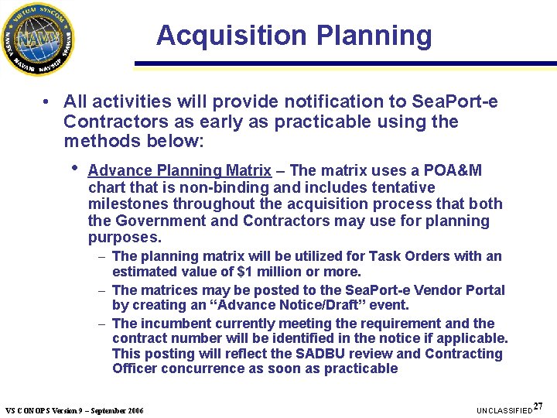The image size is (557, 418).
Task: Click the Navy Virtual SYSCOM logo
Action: (39, 39)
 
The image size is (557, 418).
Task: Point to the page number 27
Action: (538, 406)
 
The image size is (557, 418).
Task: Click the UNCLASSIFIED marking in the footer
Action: (504, 409)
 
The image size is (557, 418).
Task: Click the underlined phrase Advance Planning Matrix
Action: (179, 170)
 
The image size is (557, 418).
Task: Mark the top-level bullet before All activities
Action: (47, 101)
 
